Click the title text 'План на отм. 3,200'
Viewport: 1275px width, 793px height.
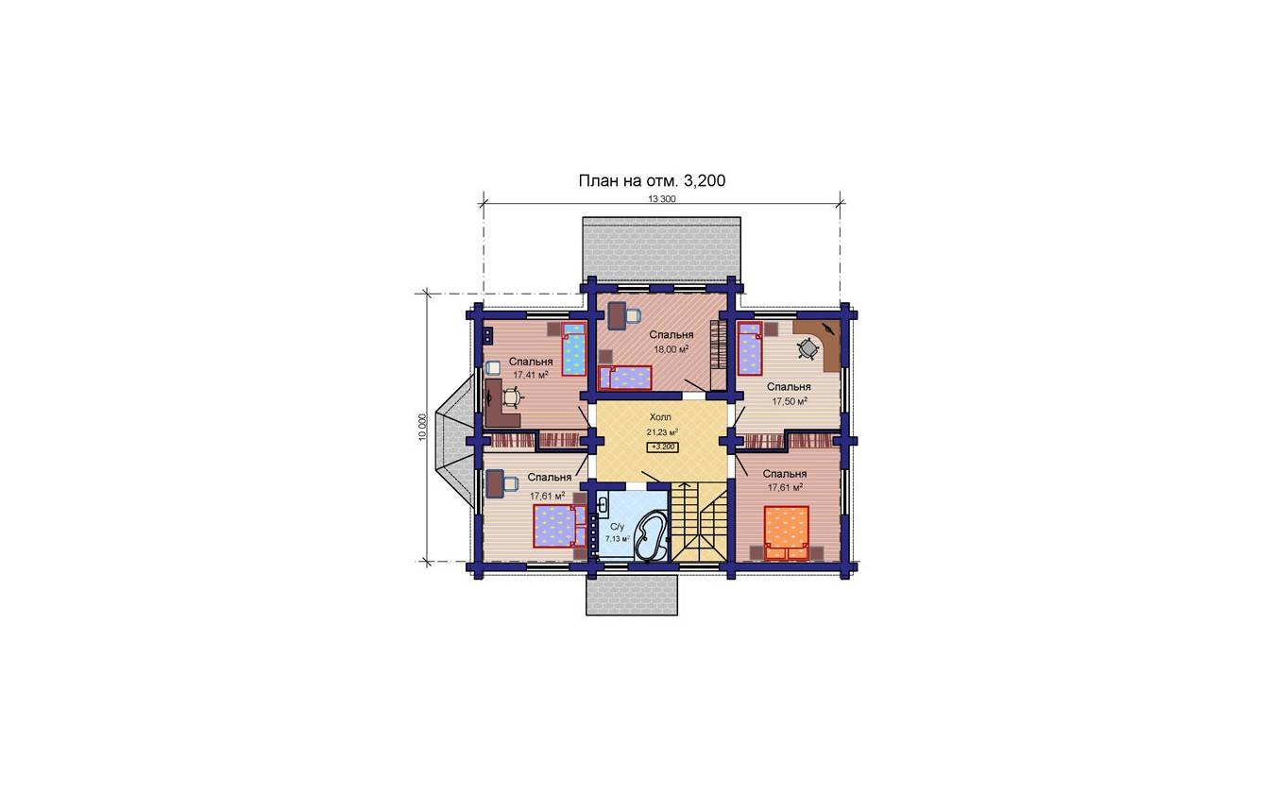pyautogui.click(x=652, y=181)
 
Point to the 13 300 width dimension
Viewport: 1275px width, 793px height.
pyautogui.click(x=662, y=199)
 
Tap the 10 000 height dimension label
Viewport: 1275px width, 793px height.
pyautogui.click(x=422, y=427)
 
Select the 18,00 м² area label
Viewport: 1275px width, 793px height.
pyautogui.click(x=671, y=349)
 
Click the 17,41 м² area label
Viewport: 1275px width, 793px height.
pyautogui.click(x=531, y=375)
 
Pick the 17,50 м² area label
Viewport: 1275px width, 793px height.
pyautogui.click(x=790, y=401)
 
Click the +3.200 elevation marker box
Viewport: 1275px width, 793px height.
pyautogui.click(x=663, y=447)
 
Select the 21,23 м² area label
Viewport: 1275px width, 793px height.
pyautogui.click(x=662, y=431)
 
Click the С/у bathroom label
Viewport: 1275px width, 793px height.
pyautogui.click(x=617, y=527)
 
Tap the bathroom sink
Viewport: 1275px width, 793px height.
pyautogui.click(x=603, y=504)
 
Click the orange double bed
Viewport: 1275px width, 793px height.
pyautogui.click(x=787, y=533)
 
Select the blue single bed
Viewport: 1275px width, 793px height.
pyautogui.click(x=574, y=349)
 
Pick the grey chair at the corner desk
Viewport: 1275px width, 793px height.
pyautogui.click(x=807, y=347)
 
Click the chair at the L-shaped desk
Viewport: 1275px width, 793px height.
pyautogui.click(x=113, y=396)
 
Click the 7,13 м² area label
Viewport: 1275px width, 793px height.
pyautogui.click(x=617, y=538)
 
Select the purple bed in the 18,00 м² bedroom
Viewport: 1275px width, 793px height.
pyautogui.click(x=624, y=378)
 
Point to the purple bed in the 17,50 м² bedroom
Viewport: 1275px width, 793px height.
pyautogui.click(x=750, y=348)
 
